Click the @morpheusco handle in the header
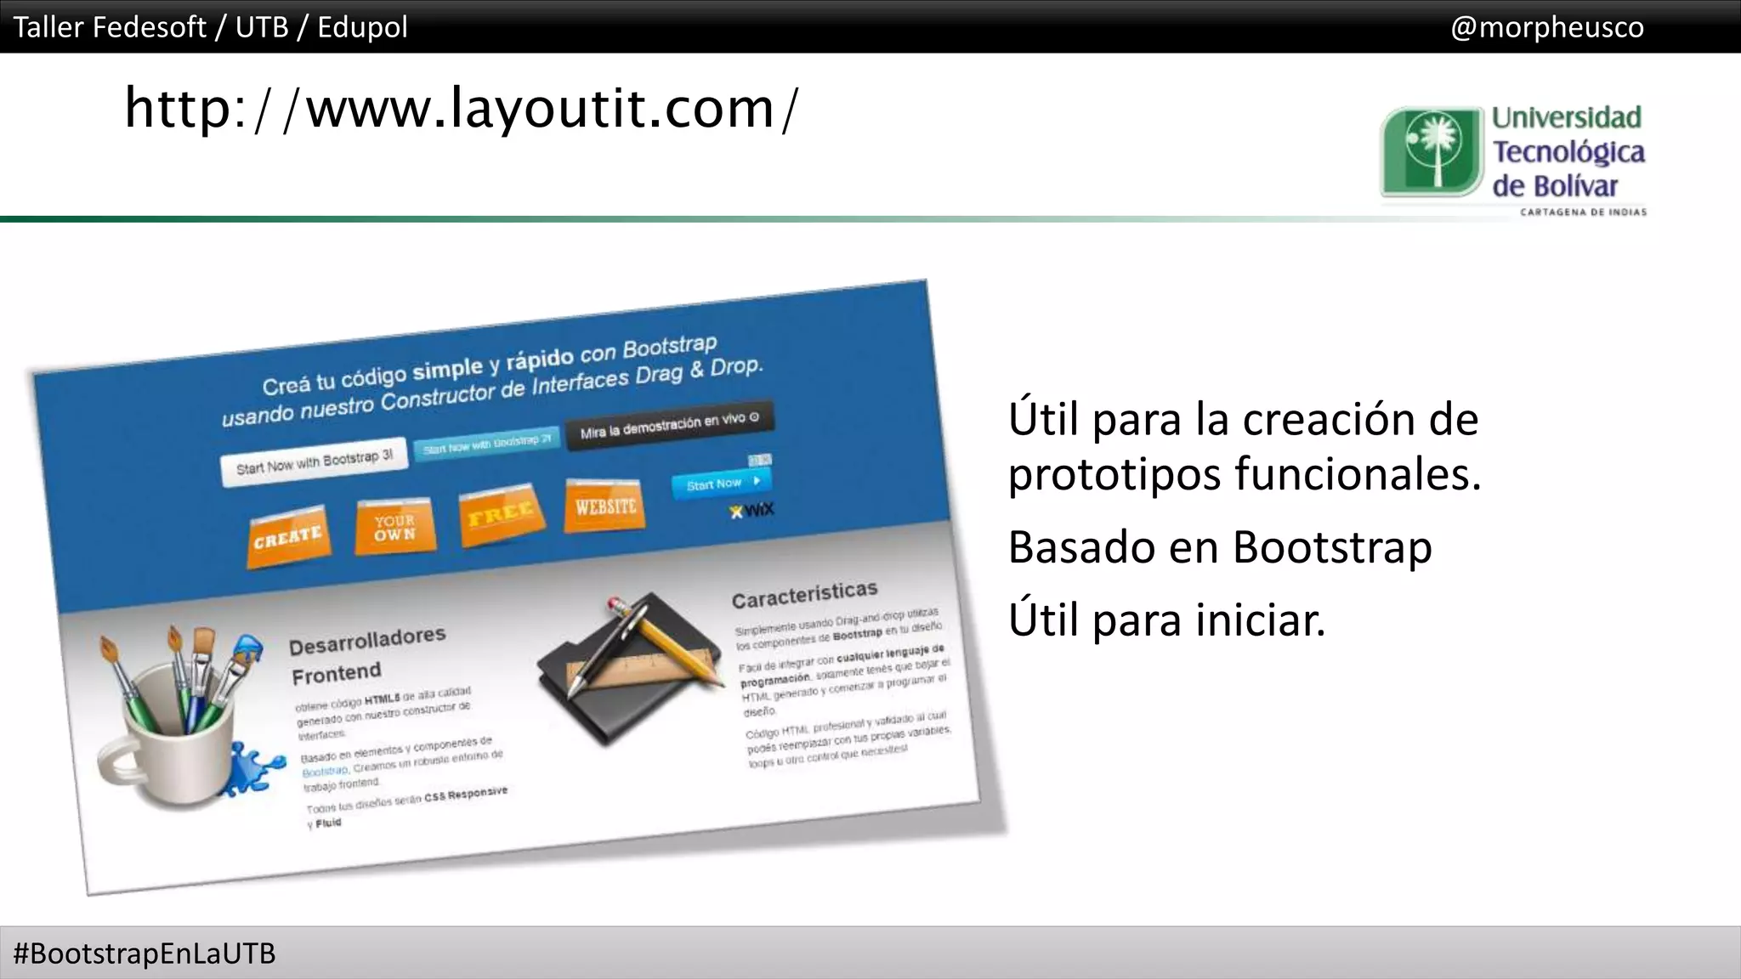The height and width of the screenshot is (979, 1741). coord(1546,27)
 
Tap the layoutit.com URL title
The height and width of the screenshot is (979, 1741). coord(462,109)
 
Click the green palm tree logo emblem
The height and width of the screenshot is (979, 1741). coord(1431,151)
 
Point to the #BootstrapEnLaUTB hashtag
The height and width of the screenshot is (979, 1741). coord(145,954)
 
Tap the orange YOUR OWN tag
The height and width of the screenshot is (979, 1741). coord(395,527)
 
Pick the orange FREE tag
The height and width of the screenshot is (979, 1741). coord(501,513)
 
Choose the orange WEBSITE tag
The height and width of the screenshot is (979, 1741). coord(605,506)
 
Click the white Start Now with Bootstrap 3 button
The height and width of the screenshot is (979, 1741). coord(314,463)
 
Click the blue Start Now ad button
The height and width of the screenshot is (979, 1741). coord(722,484)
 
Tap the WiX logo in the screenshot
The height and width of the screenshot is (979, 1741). coord(752,510)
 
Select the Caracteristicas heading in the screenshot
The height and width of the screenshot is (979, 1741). coord(804,595)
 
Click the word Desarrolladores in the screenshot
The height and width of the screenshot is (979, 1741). coord(367,642)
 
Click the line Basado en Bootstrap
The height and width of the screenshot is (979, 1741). coord(1220,547)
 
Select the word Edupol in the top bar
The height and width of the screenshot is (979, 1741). coord(362,27)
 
